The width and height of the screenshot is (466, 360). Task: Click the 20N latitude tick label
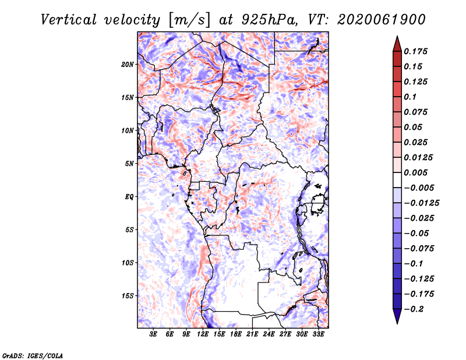tap(128, 65)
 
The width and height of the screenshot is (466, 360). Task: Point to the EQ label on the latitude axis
tap(129, 197)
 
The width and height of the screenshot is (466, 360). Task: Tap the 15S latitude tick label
tap(128, 296)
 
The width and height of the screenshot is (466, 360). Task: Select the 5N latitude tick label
tap(129, 164)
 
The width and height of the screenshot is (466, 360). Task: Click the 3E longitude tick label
tap(153, 334)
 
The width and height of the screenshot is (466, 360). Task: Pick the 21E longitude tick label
tap(252, 334)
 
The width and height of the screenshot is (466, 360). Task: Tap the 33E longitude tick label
tap(318, 334)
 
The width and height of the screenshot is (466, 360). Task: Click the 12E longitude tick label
tap(203, 334)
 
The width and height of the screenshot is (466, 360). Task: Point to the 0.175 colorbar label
tap(415, 51)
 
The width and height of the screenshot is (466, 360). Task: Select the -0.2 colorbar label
tap(414, 309)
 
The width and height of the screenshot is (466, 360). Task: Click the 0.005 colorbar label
tap(415, 172)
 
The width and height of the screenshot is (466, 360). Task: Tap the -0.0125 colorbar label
tap(421, 203)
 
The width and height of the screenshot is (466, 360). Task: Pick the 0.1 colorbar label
tap(410, 97)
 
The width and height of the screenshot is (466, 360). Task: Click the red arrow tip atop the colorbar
tap(397, 36)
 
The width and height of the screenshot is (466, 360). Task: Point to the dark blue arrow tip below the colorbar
tap(397, 323)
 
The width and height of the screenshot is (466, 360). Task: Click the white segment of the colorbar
tap(397, 180)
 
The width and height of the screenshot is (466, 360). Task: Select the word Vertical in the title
tap(69, 20)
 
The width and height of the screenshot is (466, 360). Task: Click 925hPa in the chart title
tap(270, 20)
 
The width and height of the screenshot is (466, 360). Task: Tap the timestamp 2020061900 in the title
tap(382, 20)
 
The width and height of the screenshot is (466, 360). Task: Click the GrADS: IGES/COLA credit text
tap(33, 355)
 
